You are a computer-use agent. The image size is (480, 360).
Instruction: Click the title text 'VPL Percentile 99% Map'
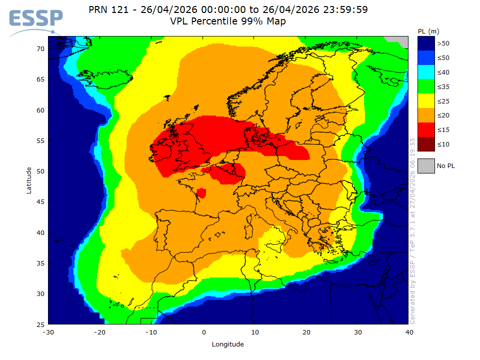tap(227, 21)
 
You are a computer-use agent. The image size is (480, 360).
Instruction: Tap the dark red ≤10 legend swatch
tap(426, 144)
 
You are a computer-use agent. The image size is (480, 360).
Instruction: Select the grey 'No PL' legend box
tap(426, 165)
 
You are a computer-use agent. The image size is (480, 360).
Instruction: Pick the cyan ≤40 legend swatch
tap(426, 72)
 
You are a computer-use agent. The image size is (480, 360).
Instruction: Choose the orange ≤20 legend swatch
tap(426, 115)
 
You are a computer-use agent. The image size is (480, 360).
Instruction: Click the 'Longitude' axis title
tap(227, 344)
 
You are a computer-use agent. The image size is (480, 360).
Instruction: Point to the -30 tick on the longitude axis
tap(48, 332)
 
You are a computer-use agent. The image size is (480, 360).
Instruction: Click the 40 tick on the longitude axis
tap(409, 332)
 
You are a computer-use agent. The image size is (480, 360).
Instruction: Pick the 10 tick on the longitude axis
tap(255, 332)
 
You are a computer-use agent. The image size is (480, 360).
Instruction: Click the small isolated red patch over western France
tap(201, 193)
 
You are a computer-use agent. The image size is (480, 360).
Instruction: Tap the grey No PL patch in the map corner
tap(399, 40)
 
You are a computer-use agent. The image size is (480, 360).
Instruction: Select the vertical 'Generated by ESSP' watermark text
tap(412, 230)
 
